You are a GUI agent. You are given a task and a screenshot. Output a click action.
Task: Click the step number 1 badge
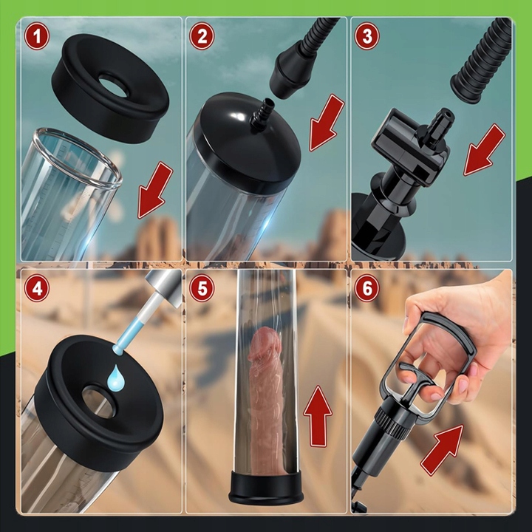(x=37, y=36)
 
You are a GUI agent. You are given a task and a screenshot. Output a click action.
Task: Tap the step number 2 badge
(x=202, y=36)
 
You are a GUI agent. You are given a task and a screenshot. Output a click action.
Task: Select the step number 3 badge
(x=367, y=36)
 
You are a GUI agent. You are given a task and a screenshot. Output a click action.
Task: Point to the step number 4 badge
(x=37, y=288)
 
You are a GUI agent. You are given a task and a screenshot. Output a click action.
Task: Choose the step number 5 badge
(x=202, y=288)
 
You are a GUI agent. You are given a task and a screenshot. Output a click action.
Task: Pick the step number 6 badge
(x=367, y=288)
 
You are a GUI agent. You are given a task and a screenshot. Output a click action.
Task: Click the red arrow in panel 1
(x=154, y=191)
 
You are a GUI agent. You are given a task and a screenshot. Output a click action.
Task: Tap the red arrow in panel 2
(x=326, y=123)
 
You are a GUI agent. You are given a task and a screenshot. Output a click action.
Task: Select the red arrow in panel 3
(x=484, y=150)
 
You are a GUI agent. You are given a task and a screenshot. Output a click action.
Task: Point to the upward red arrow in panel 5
(x=318, y=416)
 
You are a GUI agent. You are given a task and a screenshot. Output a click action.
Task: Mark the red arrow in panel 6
(x=442, y=450)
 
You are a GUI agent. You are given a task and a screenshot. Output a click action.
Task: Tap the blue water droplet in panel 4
(x=116, y=378)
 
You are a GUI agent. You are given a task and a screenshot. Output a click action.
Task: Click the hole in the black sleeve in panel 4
(x=98, y=402)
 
